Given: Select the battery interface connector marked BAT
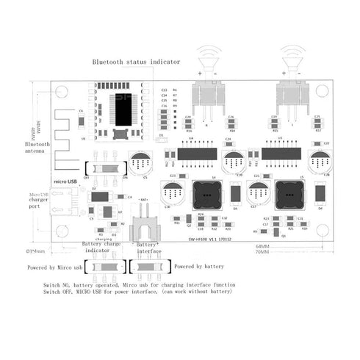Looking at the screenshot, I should click(144, 232).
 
